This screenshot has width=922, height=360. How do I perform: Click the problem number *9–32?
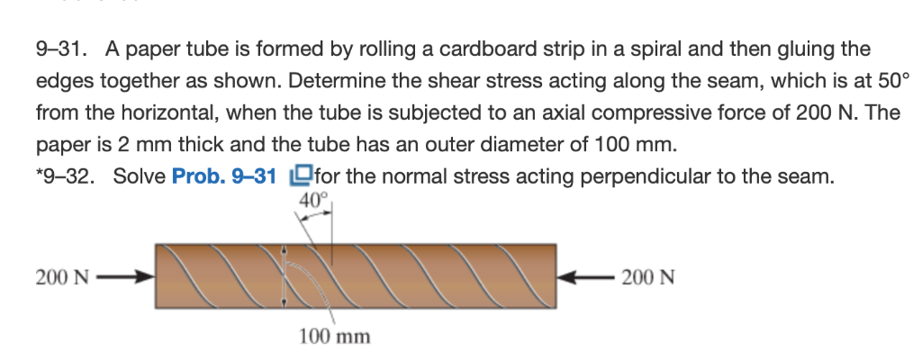tap(68, 175)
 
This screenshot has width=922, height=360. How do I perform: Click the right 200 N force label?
tap(647, 276)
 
